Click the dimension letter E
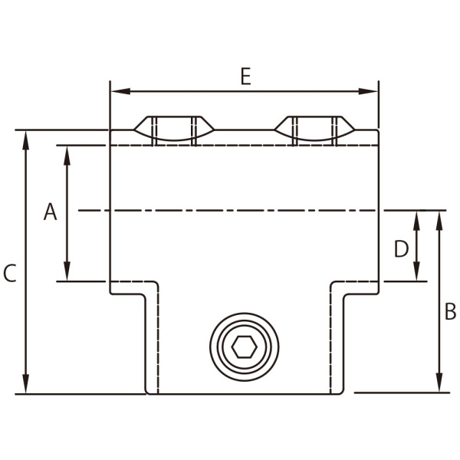pyautogui.click(x=245, y=77)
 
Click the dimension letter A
pyautogui.click(x=50, y=212)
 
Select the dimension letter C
pyautogui.click(x=9, y=274)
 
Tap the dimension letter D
pyautogui.click(x=401, y=249)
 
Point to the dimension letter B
pyautogui.click(x=450, y=312)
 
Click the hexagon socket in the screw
pyautogui.click(x=244, y=347)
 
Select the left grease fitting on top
pyautogui.click(x=174, y=130)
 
